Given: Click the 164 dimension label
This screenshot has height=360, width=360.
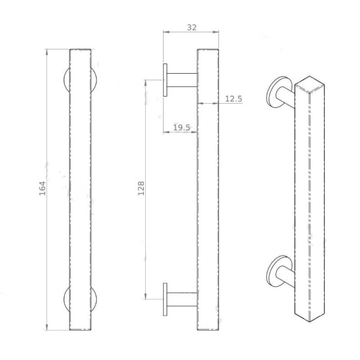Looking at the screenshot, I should pyautogui.click(x=42, y=190).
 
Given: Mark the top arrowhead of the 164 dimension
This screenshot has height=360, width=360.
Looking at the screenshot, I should pyautogui.click(x=47, y=52).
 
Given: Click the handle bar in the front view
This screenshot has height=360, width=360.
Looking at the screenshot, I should pyautogui.click(x=81, y=190).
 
